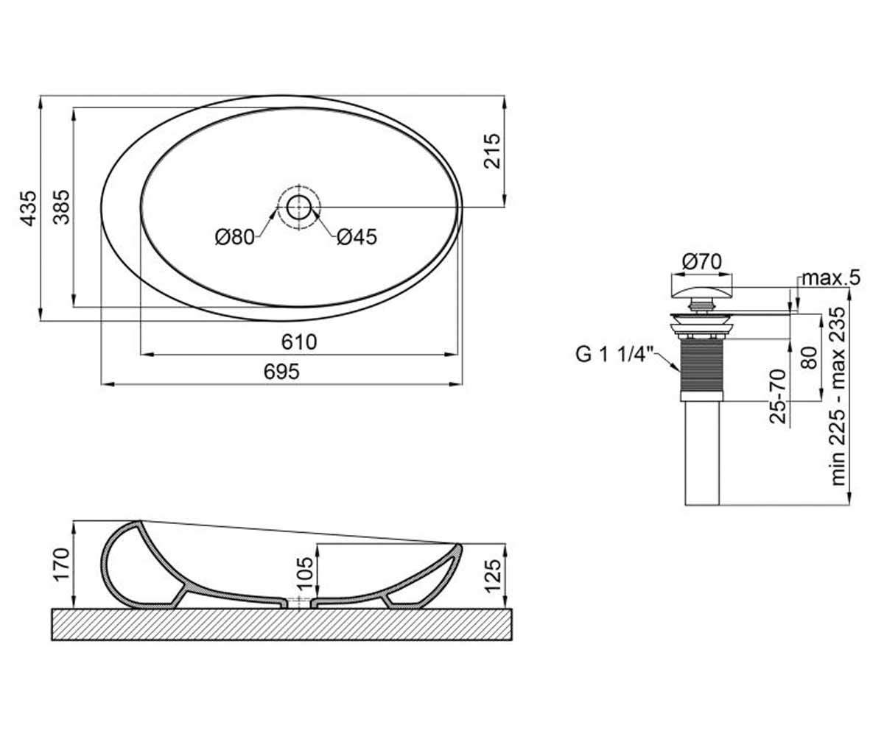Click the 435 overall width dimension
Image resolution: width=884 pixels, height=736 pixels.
click(x=29, y=208)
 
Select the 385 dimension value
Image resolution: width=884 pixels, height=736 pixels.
click(x=62, y=207)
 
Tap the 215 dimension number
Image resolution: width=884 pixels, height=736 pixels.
click(x=492, y=151)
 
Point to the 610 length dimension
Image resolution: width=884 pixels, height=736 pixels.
click(x=299, y=342)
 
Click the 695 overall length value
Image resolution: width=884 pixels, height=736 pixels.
click(x=281, y=372)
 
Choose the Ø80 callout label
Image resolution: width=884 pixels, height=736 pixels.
click(x=235, y=237)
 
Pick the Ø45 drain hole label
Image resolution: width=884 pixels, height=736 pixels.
click(x=357, y=237)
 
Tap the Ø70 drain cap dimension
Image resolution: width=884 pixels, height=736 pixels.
click(x=701, y=262)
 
